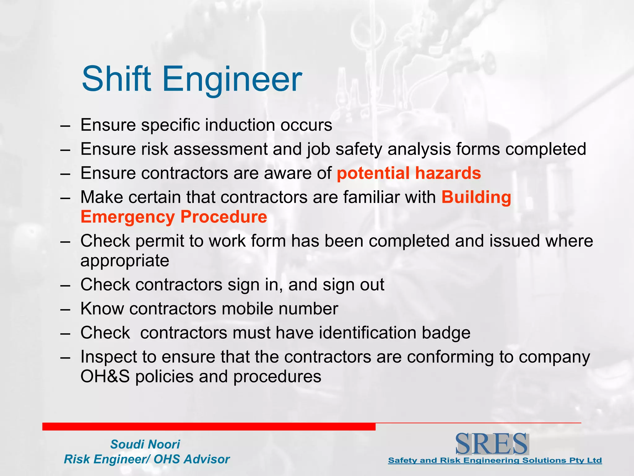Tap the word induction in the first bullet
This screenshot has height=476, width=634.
[240, 125]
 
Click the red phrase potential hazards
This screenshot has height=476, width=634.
[409, 173]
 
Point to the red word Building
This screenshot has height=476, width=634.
[476, 197]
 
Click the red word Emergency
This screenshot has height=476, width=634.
[128, 217]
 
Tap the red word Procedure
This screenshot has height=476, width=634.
[224, 217]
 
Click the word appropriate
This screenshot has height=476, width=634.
[125, 261]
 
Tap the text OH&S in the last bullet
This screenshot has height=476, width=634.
[105, 377]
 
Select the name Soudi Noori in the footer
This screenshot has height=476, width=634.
[145, 444]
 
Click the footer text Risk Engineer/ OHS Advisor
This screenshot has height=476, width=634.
[147, 459]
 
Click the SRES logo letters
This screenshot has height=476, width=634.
[492, 444]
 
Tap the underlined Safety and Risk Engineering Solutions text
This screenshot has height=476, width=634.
[495, 461]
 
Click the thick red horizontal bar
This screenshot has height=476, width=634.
[209, 426]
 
